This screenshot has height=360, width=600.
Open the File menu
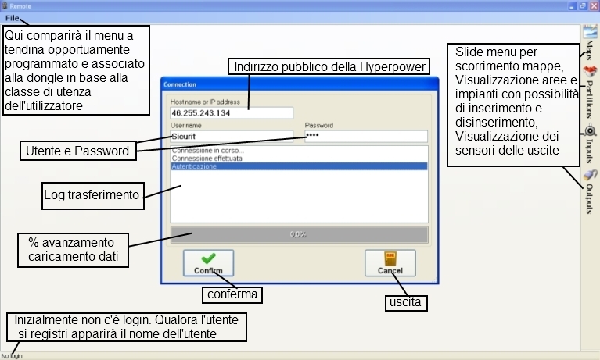tap(13, 18)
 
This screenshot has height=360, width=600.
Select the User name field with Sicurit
tap(232, 136)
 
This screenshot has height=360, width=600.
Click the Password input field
tap(365, 136)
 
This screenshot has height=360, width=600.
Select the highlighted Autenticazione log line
tap(299, 166)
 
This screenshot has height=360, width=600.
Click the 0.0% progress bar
tap(299, 233)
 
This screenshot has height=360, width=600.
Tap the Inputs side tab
tap(590, 141)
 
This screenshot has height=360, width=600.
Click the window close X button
tap(593, 5)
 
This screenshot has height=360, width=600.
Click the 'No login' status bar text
tap(12, 355)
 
